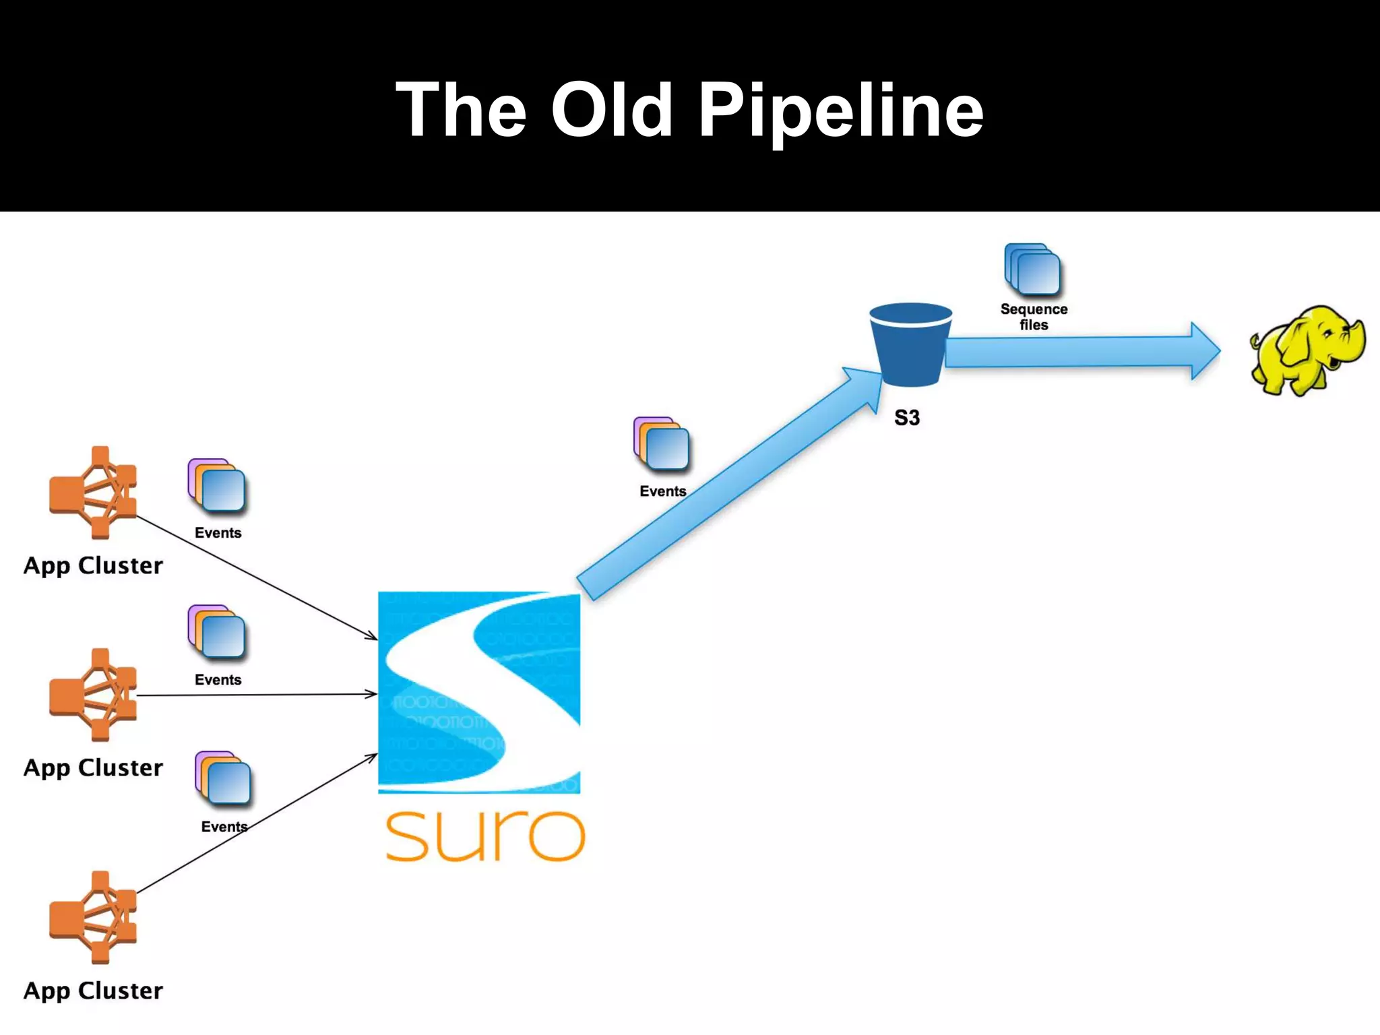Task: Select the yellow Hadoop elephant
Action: pos(1306,350)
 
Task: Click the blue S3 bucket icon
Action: pos(910,345)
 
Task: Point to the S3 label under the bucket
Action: pos(906,418)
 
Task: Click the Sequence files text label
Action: pos(1034,317)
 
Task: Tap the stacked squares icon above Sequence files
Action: pos(1032,270)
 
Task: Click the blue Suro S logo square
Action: pos(479,692)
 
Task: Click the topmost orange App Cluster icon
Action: pos(94,492)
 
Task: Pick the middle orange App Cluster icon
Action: pos(94,694)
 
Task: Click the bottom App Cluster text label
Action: pos(93,991)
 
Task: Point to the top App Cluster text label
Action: pos(93,565)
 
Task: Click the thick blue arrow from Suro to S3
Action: pos(728,485)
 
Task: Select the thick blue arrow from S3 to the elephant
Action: pos(1078,352)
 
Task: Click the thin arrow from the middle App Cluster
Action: pos(256,694)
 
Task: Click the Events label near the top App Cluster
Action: pos(218,533)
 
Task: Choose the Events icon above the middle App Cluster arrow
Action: pos(216,631)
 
